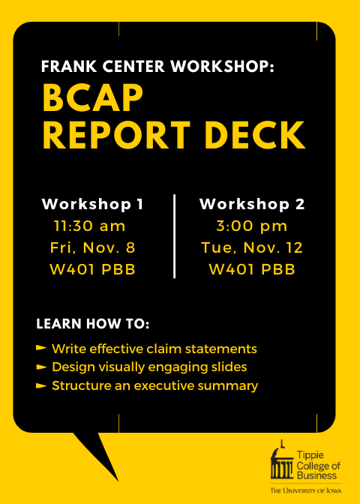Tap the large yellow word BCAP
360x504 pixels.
tap(92, 98)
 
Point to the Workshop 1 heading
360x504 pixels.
tap(92, 205)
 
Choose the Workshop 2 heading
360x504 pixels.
tap(252, 205)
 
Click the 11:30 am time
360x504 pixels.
tap(90, 226)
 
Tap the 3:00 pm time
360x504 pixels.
tap(252, 226)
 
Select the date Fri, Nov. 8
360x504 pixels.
tap(93, 248)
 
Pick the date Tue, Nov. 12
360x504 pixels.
tap(252, 248)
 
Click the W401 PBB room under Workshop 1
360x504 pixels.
tap(92, 270)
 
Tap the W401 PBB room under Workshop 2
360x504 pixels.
tap(252, 270)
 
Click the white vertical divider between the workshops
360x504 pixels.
tap(174, 236)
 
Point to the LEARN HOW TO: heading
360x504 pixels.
tap(93, 324)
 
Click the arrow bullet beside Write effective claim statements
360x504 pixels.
tap(41, 348)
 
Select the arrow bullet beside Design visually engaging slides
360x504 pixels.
tap(41, 367)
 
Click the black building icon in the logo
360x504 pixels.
tap(282, 461)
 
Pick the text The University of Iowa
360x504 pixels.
tap(306, 490)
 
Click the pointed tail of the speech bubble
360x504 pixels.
tap(118, 481)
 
